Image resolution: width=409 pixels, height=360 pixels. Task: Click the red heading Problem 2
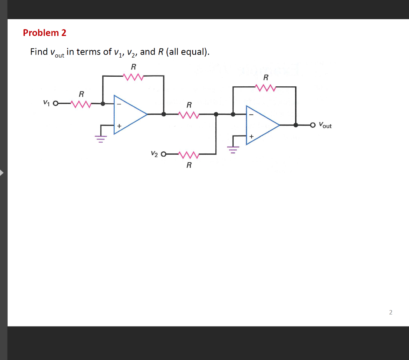[45, 33]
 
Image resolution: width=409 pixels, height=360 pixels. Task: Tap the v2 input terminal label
[155, 153]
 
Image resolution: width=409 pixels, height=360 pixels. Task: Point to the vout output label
[325, 125]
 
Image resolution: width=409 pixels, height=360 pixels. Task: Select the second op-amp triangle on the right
[260, 125]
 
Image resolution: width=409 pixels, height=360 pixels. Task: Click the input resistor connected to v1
[81, 104]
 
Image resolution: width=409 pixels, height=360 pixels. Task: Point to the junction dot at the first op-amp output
[163, 114]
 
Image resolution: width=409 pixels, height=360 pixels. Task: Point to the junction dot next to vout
[296, 125]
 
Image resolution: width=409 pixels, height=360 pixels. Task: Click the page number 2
[391, 312]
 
